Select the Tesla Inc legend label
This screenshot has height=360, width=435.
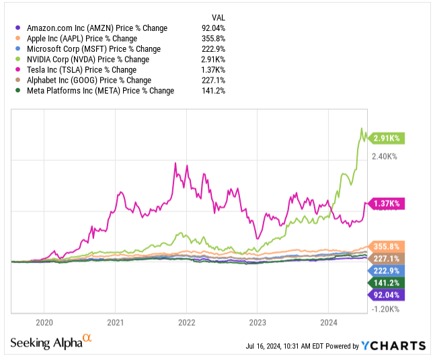coord(81,70)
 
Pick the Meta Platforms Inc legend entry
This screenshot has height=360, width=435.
coord(100,91)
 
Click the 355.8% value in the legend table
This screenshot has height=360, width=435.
coord(212,38)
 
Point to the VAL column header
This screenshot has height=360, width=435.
coord(218,17)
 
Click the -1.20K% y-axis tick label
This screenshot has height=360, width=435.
coord(385,310)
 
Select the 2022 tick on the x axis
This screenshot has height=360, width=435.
coord(186,322)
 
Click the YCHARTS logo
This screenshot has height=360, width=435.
coord(393,346)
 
